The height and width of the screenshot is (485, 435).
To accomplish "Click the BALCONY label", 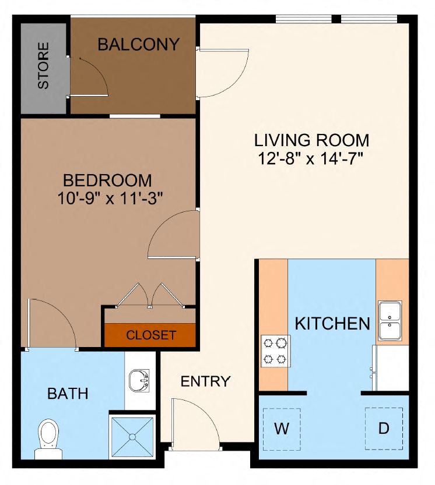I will [138, 45].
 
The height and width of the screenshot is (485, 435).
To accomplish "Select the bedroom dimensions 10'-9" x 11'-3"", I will [110, 198].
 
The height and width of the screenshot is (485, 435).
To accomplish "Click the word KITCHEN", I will [332, 324].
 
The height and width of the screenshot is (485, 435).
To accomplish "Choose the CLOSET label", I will [151, 335].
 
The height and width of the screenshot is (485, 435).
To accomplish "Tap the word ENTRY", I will [205, 382].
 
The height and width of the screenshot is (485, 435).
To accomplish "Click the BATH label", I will [68, 394].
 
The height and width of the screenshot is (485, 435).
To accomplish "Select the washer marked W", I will [282, 429].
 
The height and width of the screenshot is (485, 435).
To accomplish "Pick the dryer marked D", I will [383, 429].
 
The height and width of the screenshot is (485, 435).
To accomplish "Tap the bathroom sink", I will [139, 381].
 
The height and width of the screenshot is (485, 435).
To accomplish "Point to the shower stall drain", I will [134, 436].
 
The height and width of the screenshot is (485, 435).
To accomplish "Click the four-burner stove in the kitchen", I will [275, 351].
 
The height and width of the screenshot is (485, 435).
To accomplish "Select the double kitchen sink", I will [389, 321].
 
